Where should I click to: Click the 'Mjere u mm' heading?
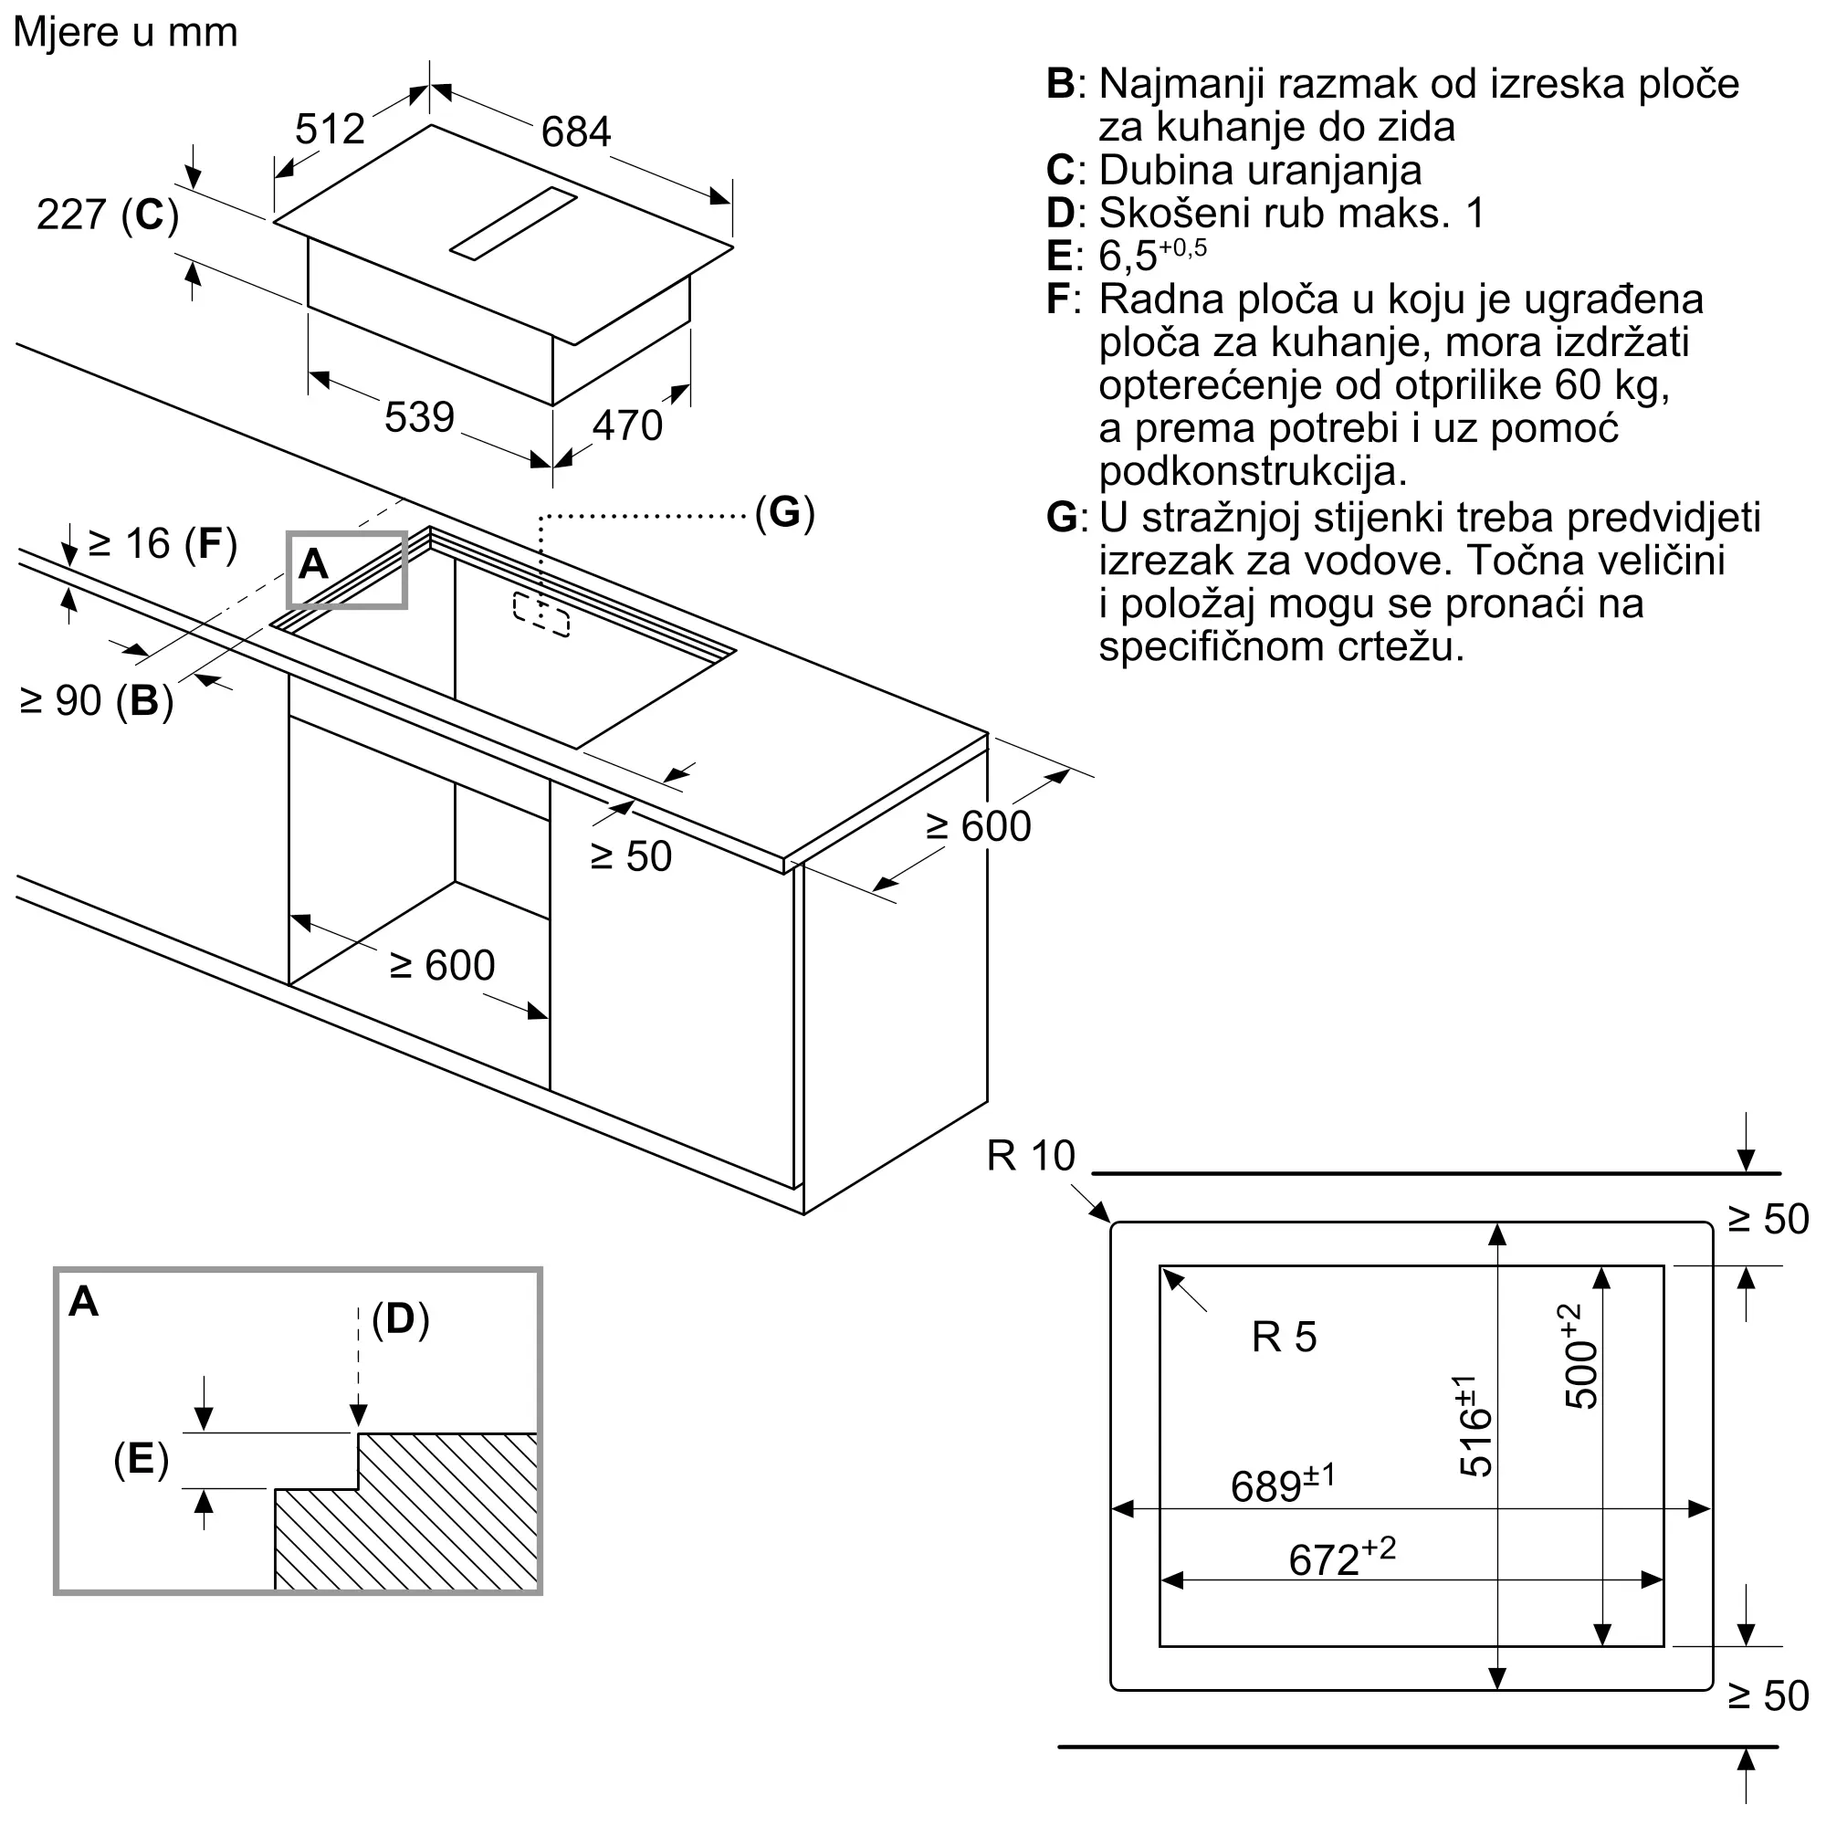pos(125,32)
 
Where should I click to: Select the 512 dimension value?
pos(330,129)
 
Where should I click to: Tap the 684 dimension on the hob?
pos(575,131)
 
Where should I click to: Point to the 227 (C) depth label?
pos(108,215)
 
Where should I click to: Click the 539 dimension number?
pos(419,417)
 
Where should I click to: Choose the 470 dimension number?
pos(627,425)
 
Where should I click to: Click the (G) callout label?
pos(784,512)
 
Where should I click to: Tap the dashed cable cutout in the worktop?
pos(541,615)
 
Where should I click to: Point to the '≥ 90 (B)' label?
pos(97,701)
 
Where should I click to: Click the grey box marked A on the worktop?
pos(347,569)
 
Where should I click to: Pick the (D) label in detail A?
pos(401,1318)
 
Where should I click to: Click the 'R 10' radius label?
pos(1031,1156)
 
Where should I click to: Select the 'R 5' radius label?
pos(1284,1338)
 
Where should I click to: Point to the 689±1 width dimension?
pos(1283,1485)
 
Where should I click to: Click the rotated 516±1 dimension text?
pos(1474,1425)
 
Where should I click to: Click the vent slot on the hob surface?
pos(513,223)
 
